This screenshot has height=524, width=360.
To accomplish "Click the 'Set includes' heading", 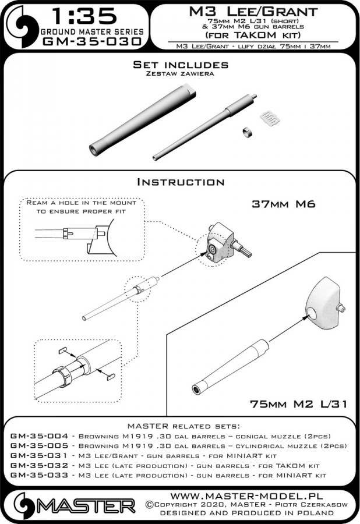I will (180, 65).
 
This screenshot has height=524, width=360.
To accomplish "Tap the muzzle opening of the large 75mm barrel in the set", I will (95, 148).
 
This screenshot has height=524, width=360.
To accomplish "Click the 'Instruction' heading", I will (180, 182).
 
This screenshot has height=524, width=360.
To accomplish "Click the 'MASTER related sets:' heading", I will (180, 426).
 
